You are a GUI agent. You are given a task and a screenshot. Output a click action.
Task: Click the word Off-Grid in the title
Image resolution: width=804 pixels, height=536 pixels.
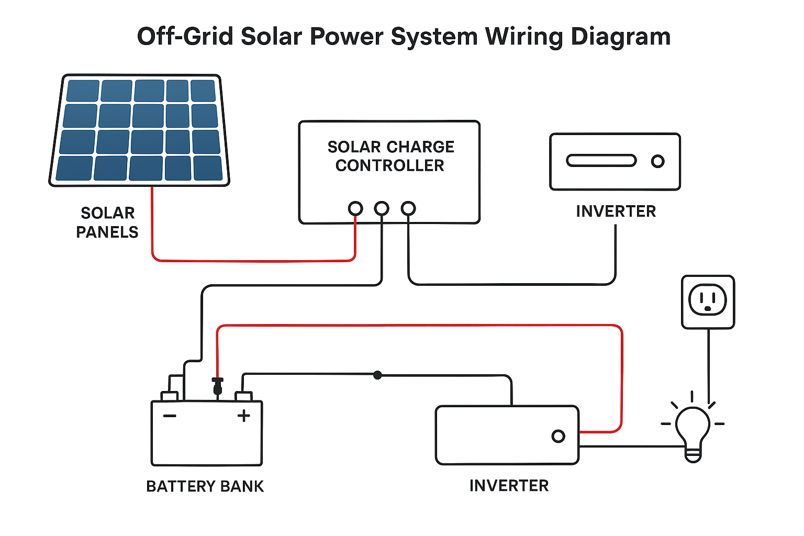(x=185, y=37)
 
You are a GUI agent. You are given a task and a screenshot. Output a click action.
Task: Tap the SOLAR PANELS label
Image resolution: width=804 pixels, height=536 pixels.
(x=107, y=222)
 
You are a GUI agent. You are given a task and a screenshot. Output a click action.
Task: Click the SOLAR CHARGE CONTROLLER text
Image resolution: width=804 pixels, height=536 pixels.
(x=390, y=156)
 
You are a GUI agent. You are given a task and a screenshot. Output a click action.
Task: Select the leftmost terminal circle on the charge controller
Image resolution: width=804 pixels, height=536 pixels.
(x=355, y=208)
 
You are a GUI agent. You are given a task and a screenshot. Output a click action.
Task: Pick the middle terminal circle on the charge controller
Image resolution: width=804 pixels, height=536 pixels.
(x=382, y=208)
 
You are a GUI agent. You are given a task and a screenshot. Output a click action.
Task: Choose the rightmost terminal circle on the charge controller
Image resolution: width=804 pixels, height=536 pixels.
(x=408, y=208)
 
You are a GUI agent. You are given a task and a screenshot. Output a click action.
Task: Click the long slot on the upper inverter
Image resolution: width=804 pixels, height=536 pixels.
(x=601, y=161)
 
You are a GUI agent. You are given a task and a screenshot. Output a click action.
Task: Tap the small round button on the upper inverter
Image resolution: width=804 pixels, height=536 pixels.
(x=658, y=161)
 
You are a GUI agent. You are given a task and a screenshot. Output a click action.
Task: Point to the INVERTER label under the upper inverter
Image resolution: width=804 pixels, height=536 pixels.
(x=616, y=211)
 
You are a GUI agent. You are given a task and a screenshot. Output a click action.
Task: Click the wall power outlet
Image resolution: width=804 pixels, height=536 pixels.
(x=708, y=302)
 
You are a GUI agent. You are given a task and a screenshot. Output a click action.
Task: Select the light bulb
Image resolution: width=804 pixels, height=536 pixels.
(x=693, y=432)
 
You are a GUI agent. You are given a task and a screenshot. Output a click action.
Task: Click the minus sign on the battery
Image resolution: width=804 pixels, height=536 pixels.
(x=170, y=416)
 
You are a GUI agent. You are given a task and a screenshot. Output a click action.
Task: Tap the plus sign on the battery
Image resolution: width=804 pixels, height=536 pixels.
(x=244, y=416)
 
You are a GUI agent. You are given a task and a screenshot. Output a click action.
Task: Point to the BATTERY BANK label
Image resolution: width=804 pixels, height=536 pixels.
(x=205, y=486)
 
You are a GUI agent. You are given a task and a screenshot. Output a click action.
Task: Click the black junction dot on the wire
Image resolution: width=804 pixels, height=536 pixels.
(x=377, y=375)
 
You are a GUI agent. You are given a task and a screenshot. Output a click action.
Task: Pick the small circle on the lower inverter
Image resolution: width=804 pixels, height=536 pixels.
(x=559, y=436)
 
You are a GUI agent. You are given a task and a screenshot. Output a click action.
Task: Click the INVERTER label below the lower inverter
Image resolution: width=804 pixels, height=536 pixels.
(x=509, y=486)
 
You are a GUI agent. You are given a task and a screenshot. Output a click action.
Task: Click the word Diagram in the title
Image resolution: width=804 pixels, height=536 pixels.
(x=620, y=37)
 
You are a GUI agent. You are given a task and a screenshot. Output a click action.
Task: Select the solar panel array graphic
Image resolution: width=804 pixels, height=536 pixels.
(x=139, y=130)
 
